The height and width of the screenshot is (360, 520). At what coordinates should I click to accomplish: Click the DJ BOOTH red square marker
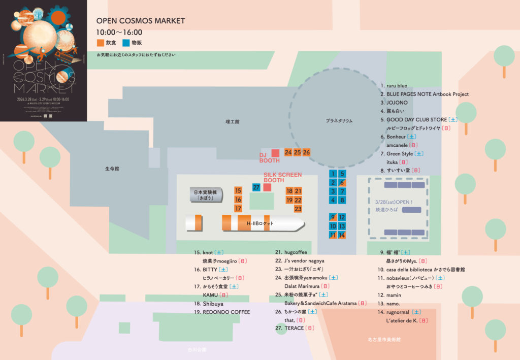click(x=275, y=153)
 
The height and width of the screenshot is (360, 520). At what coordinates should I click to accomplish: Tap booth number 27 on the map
click(x=256, y=187)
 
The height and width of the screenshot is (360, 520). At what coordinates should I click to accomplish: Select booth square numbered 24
click(x=288, y=152)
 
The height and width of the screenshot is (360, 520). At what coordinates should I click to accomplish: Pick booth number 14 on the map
click(x=342, y=235)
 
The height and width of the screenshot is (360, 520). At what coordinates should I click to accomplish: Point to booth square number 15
click(x=238, y=190)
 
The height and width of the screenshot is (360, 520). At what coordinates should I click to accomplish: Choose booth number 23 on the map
click(x=298, y=209)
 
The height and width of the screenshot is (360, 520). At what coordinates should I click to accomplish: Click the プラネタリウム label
click(x=339, y=121)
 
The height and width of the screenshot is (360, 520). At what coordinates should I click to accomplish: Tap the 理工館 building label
click(x=232, y=122)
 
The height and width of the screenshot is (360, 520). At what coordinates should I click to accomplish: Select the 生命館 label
click(x=112, y=169)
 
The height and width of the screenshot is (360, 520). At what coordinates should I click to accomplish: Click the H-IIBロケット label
click(x=260, y=224)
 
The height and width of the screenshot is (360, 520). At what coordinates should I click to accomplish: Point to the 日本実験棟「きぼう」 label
click(x=205, y=195)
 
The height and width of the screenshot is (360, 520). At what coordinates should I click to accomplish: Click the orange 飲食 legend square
click(x=100, y=43)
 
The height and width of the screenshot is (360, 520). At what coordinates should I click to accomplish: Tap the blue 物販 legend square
click(x=125, y=43)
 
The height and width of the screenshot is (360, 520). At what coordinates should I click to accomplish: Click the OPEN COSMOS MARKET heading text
click(x=141, y=21)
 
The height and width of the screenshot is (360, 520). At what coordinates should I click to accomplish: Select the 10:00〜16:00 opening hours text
click(x=119, y=32)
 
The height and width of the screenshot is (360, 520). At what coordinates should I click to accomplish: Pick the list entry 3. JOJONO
click(x=394, y=103)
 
